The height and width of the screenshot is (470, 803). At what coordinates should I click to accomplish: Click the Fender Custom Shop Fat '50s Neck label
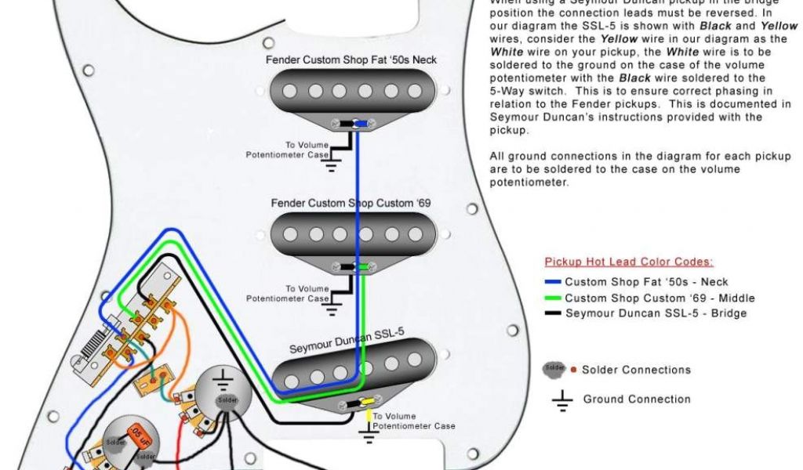(x=351, y=60)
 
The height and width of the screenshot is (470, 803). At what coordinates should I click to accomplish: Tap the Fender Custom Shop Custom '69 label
(x=351, y=204)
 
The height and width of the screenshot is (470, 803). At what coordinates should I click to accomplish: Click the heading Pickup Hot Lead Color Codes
(x=629, y=262)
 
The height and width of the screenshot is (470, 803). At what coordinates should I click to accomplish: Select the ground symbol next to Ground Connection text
(x=562, y=400)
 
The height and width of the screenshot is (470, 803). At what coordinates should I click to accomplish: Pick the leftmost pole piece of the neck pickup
(x=290, y=92)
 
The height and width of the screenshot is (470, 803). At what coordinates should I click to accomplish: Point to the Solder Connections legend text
(x=636, y=370)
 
